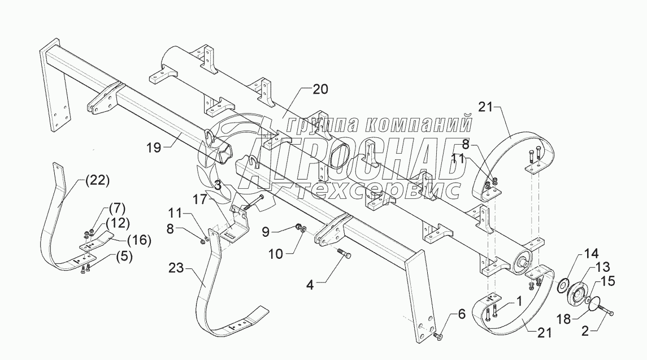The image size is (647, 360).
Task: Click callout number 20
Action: (320, 89)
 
